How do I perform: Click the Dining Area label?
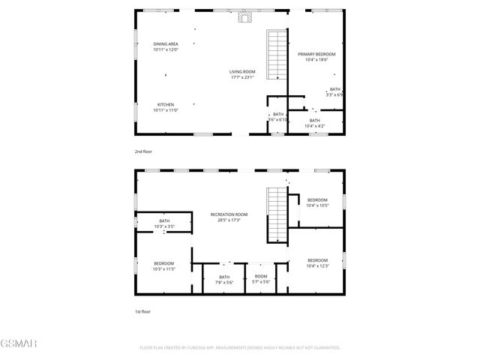tap(166, 46)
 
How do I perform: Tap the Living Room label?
tap(241, 74)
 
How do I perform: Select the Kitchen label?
tap(166, 106)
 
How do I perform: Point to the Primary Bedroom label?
tap(316, 57)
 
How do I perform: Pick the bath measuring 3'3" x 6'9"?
tap(334, 91)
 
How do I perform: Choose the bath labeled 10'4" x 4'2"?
tap(314, 123)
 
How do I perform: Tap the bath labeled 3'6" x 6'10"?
tap(278, 117)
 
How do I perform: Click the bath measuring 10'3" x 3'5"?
tap(163, 223)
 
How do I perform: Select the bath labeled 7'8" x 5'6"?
tap(225, 279)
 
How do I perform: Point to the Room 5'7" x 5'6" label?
tap(260, 279)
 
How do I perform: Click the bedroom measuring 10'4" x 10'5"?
tap(317, 202)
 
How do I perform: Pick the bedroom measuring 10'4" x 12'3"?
tap(317, 262)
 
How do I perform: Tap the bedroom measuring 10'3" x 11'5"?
tap(163, 265)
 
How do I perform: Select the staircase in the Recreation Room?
tap(277, 213)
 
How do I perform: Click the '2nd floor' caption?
tap(142, 151)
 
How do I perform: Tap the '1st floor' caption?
tap(142, 310)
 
